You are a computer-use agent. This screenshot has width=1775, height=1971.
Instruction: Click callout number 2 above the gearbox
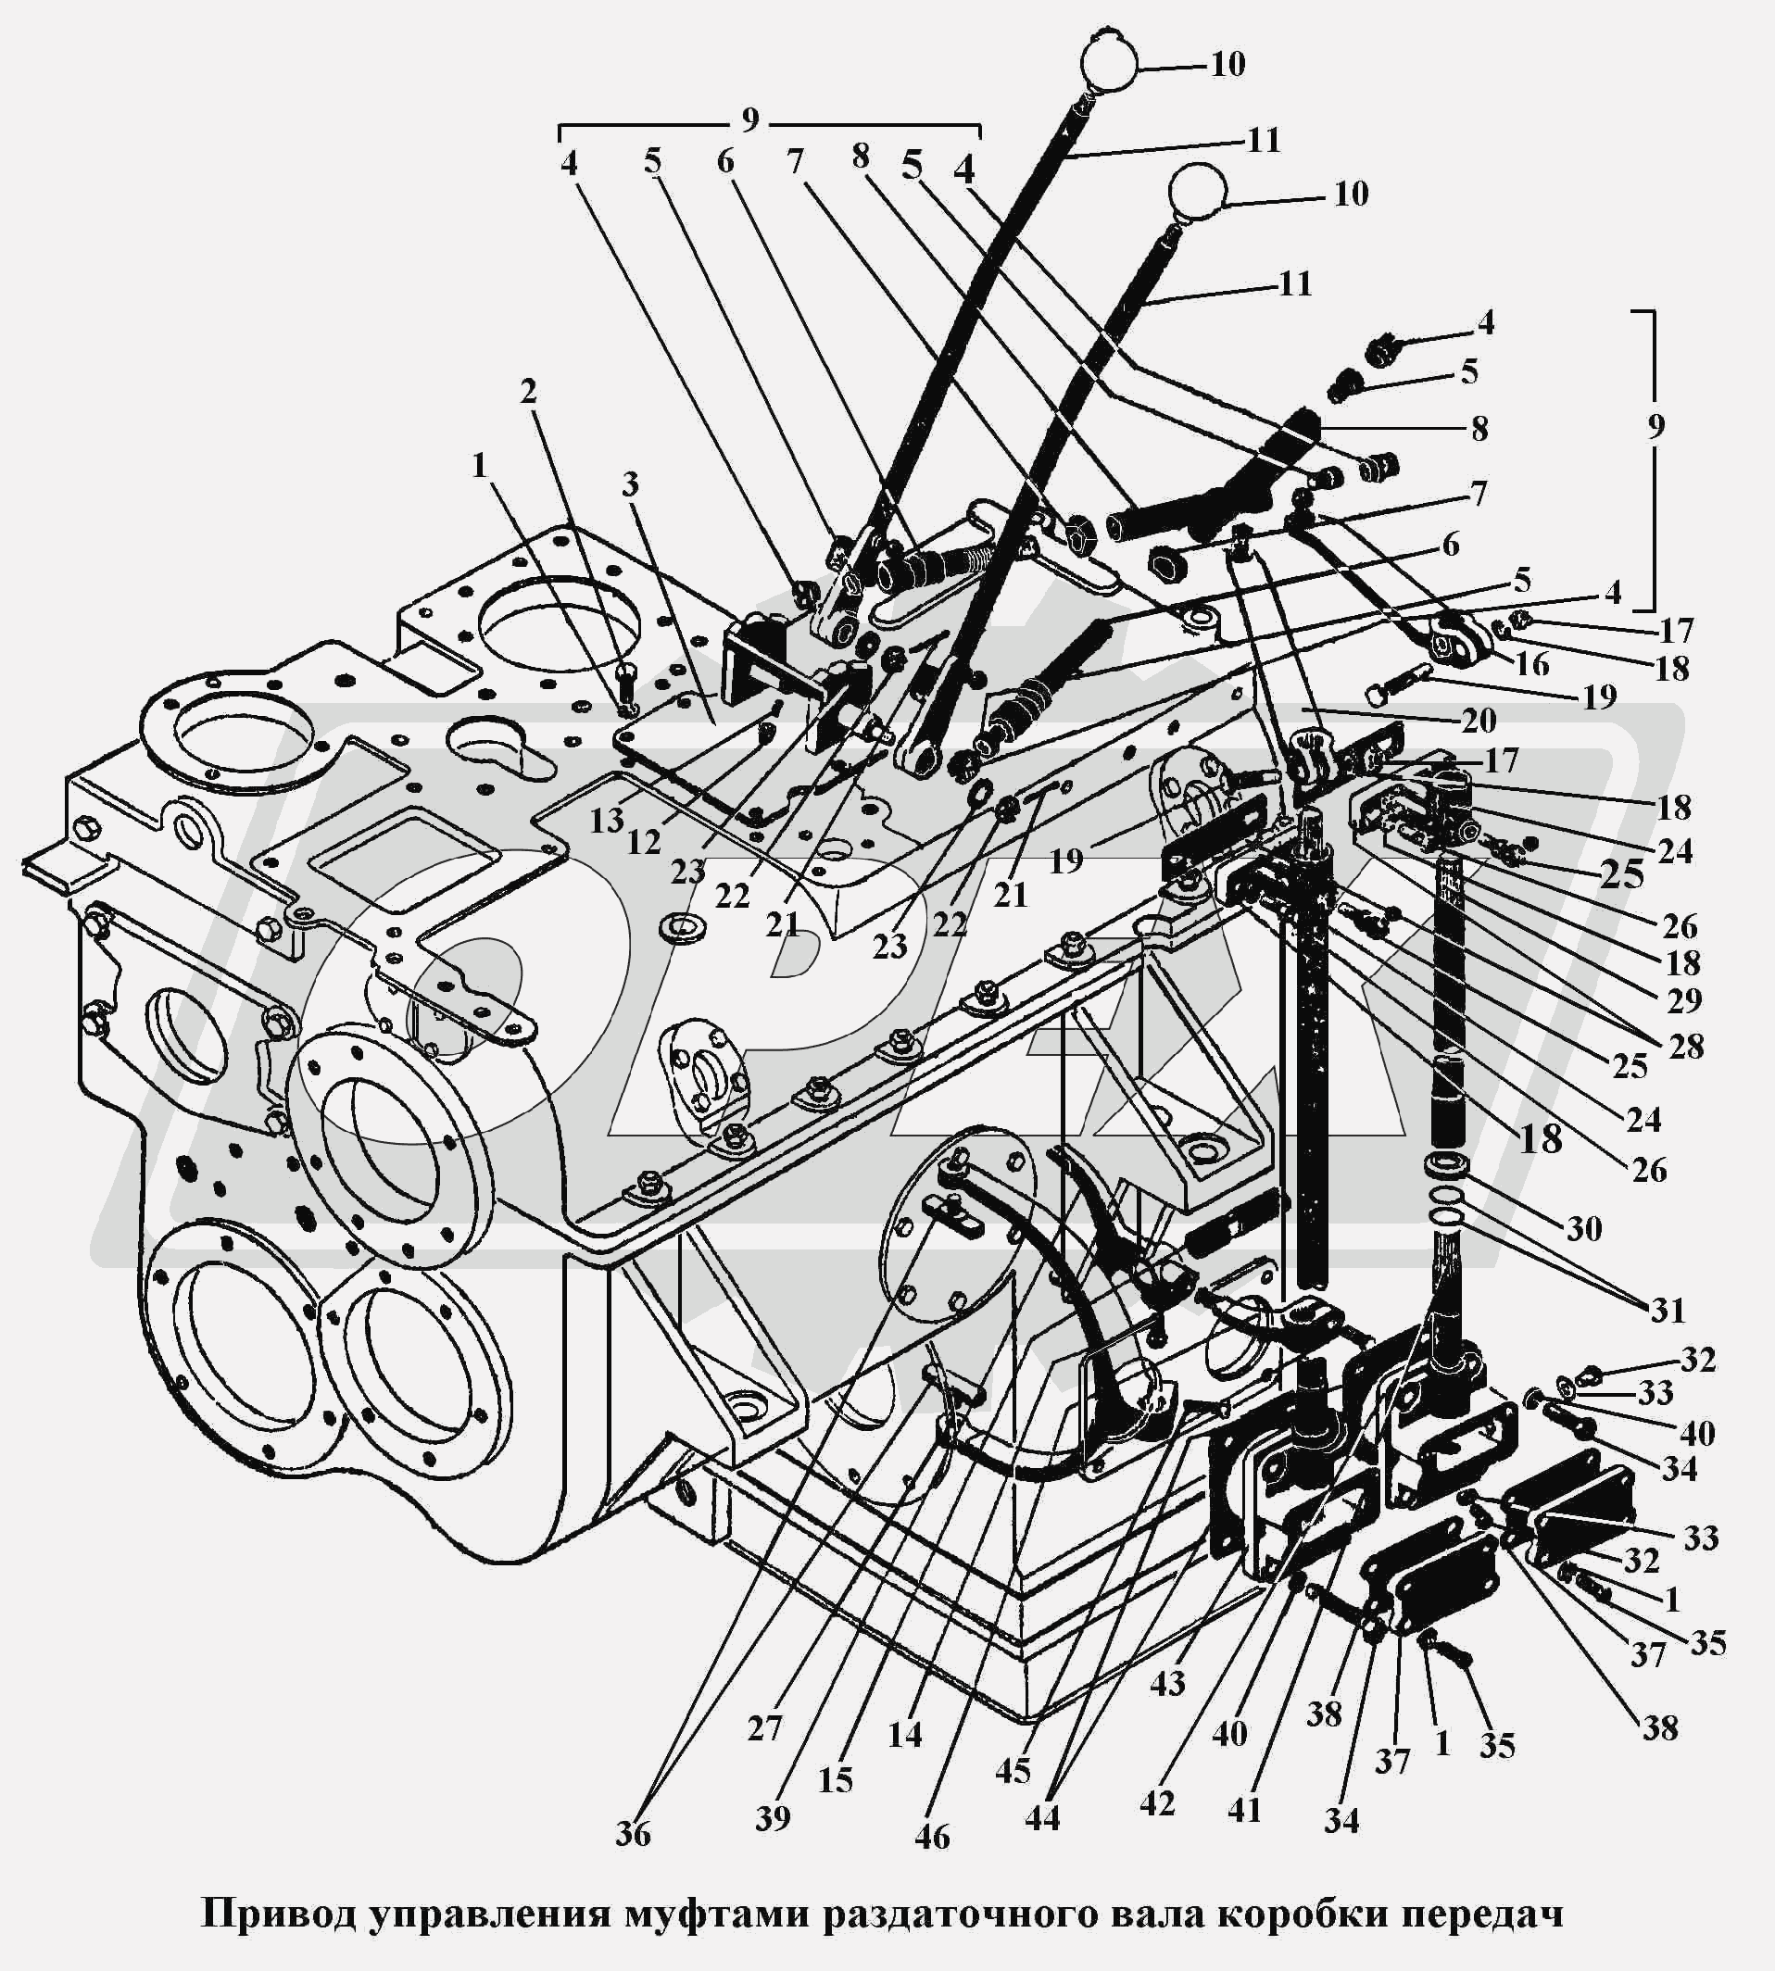pos(528,392)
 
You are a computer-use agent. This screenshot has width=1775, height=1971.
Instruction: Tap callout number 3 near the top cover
pos(630,483)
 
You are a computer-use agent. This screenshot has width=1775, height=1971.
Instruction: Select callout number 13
pos(606,822)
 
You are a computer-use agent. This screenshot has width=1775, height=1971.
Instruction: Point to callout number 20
pos(1479,721)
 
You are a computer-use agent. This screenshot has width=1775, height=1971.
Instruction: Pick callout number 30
pos(1584,1229)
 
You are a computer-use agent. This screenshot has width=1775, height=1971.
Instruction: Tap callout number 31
pos(1668,1310)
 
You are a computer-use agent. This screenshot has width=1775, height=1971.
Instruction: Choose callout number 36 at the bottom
pos(632,1835)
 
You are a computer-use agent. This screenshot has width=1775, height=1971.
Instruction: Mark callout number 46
pos(932,1837)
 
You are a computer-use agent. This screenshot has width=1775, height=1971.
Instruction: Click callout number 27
pos(764,1728)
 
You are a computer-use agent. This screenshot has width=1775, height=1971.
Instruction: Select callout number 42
pos(1157,1803)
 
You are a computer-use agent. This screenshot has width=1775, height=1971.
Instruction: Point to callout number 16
pos(1532,664)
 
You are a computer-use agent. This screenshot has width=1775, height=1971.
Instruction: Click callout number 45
pos(1013,1770)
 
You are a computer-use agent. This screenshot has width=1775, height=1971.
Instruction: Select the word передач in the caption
pos(1482,1914)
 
